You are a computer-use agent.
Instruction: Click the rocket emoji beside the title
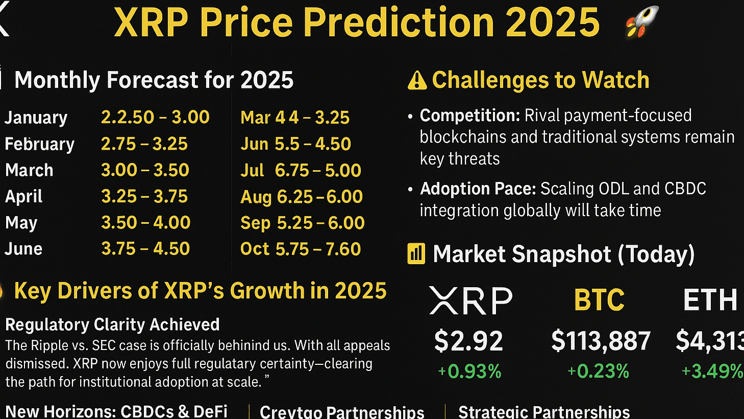(642, 21)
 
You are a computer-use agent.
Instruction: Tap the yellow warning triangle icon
(417, 81)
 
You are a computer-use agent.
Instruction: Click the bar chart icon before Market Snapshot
(416, 254)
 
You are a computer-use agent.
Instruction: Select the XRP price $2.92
(468, 341)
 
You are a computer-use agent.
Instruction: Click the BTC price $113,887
(601, 341)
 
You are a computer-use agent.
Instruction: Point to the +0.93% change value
(469, 371)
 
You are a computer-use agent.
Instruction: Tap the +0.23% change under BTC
(598, 371)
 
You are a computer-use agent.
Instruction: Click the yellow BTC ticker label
(599, 300)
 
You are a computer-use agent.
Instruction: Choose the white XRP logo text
(470, 300)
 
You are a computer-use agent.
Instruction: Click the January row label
(36, 118)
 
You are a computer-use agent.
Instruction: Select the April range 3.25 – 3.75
(144, 197)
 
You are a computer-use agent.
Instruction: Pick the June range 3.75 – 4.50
(145, 249)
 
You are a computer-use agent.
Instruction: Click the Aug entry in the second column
(302, 197)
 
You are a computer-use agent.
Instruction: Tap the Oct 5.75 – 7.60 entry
(301, 249)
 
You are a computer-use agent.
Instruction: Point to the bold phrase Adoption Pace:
(478, 189)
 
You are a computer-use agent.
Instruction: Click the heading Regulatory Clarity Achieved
(112, 324)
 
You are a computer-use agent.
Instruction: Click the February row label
(39, 144)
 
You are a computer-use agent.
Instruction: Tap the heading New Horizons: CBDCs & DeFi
(116, 411)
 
